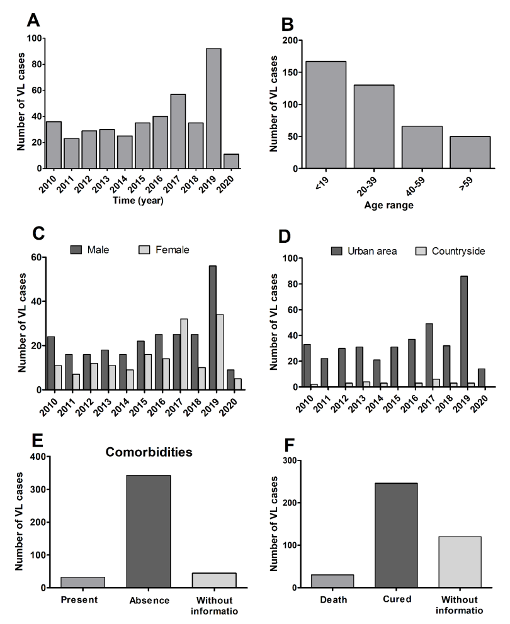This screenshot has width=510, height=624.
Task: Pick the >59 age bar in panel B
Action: tap(470, 152)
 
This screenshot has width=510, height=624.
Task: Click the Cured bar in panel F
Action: tap(396, 535)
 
